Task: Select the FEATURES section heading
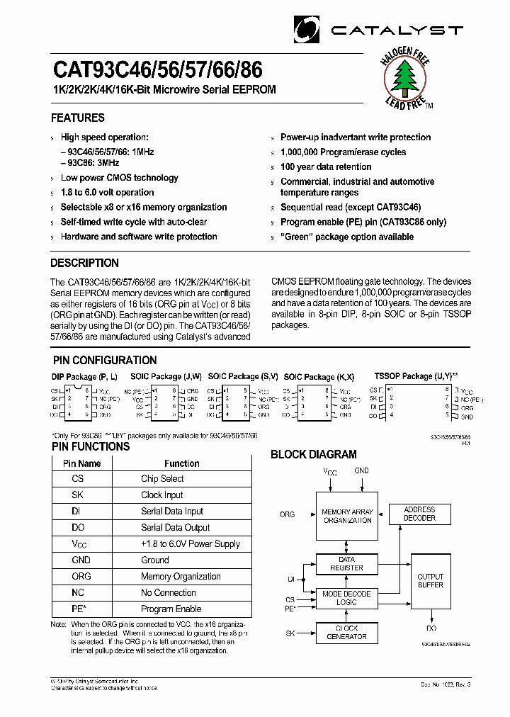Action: coord(77,118)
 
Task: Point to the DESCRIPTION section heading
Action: coord(84,263)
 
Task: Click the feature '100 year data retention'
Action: coord(326,166)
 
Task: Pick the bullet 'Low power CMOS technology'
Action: coord(119,178)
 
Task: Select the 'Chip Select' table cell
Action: coord(162,479)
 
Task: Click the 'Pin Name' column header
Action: coord(81,463)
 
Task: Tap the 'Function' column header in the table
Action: coord(181,463)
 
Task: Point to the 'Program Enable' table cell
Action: coord(171,609)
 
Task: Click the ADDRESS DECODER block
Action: coord(419,514)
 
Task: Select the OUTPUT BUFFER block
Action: coord(430,580)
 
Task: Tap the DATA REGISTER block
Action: coord(346,563)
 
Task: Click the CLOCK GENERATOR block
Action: coord(346,633)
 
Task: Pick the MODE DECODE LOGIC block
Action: coord(346,597)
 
